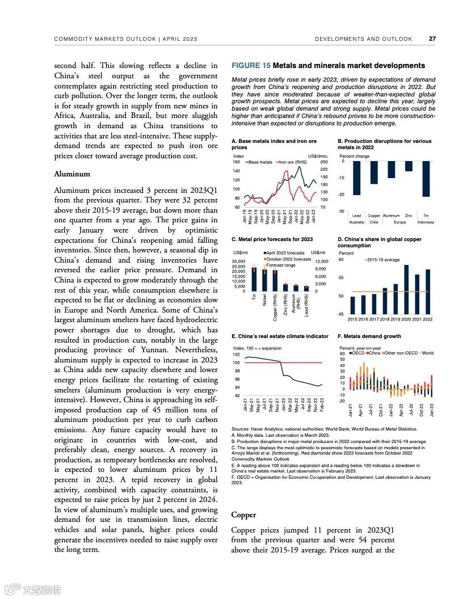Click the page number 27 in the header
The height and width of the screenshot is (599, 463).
click(432, 39)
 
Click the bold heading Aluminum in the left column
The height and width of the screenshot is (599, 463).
click(72, 174)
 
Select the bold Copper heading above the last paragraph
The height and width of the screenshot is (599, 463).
click(244, 515)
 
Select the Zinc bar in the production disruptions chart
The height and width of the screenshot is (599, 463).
click(409, 166)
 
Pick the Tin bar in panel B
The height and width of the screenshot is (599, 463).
click(426, 179)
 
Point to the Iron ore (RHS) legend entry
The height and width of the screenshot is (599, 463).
click(293, 162)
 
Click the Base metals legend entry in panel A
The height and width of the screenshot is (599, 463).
click(260, 162)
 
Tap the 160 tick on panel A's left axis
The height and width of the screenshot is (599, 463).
click(237, 162)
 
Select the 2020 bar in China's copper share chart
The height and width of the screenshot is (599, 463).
click(406, 289)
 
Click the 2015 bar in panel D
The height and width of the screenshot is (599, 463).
click(352, 305)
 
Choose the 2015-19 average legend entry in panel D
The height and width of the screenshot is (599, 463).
click(384, 260)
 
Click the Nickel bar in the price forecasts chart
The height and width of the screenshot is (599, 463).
click(265, 279)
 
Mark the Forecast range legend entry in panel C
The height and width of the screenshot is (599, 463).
click(280, 265)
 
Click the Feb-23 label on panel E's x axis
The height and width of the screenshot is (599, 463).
click(322, 407)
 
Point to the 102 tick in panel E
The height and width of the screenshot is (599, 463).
click(237, 355)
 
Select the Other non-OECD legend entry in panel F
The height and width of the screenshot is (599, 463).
click(399, 353)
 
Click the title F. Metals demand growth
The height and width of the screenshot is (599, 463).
click(369, 336)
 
